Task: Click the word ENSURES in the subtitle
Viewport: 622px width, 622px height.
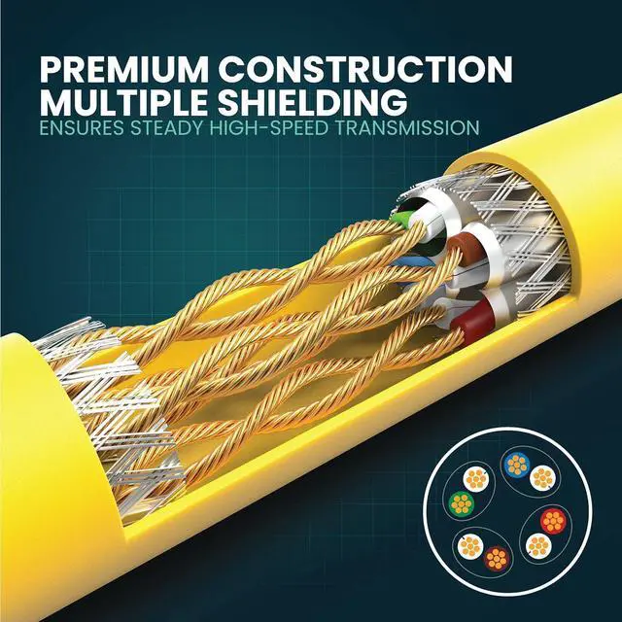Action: (x=82, y=127)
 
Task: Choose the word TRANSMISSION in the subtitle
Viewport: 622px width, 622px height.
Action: (x=413, y=127)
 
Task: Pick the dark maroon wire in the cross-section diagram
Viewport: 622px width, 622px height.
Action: (x=497, y=559)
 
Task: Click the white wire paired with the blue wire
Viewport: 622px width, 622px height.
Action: (x=540, y=476)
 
